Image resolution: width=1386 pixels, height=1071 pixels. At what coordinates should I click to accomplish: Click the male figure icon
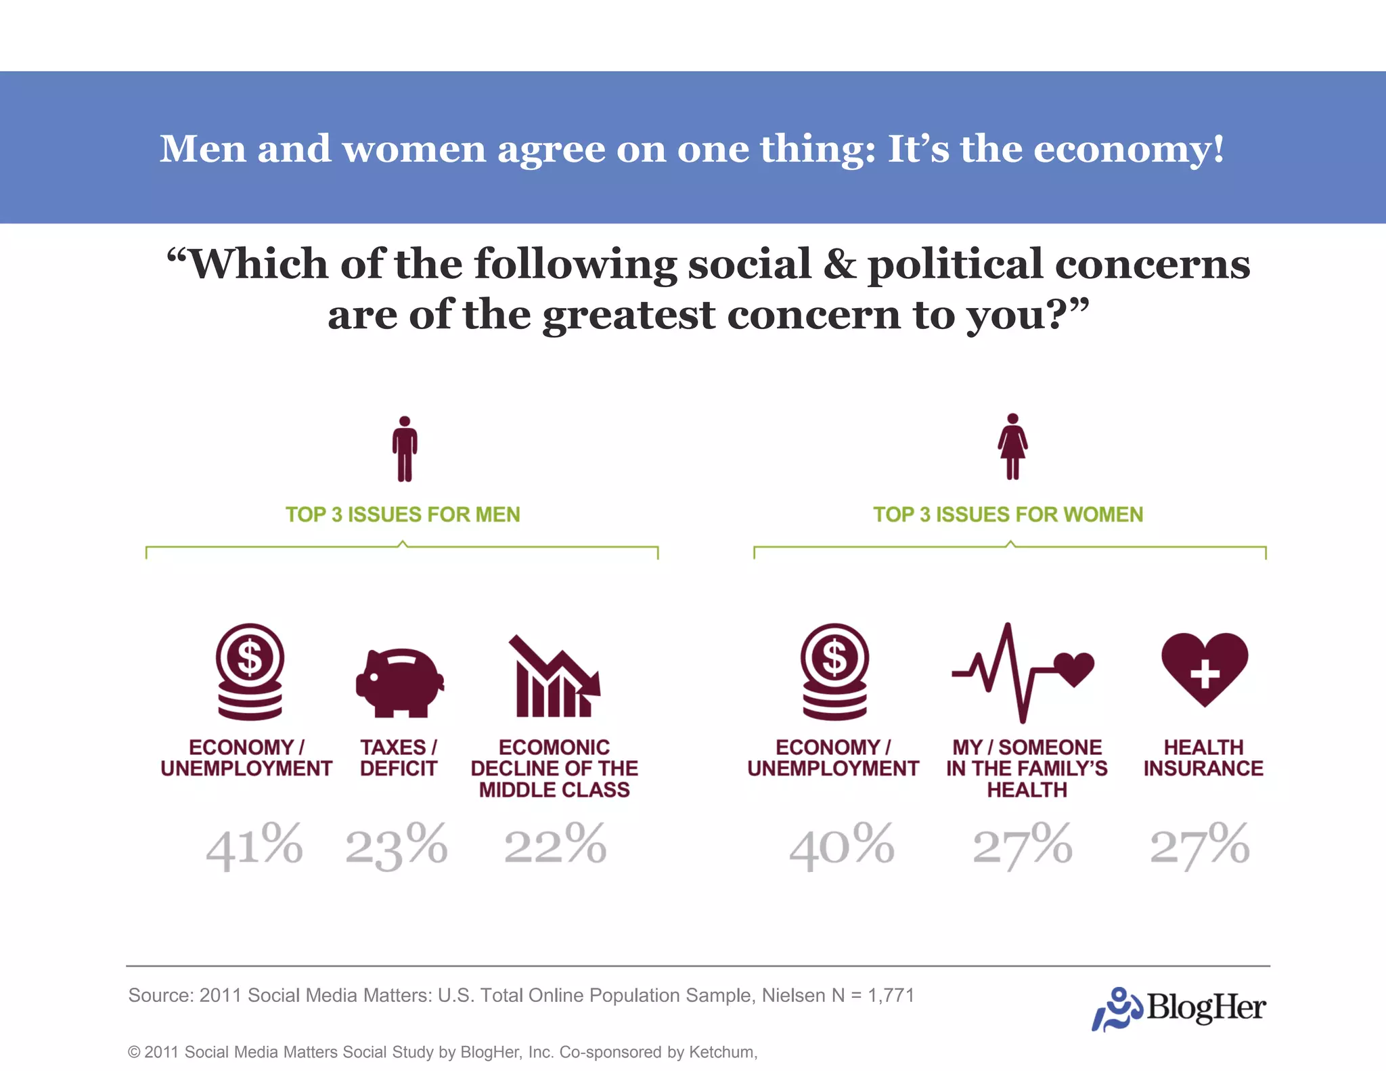pos(405,449)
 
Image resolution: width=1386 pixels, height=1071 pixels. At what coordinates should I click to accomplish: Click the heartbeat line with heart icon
pos(1023,672)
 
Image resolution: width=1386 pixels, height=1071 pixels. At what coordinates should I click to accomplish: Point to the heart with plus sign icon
pos(1205,669)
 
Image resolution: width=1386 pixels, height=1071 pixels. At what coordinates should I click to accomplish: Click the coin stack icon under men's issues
pos(250,672)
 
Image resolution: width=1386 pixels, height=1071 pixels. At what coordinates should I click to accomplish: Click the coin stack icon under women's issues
pos(834,672)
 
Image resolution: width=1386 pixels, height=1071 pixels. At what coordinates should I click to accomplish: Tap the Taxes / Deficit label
pos(399,758)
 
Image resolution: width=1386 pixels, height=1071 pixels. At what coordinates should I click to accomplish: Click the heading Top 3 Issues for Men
pos(403,515)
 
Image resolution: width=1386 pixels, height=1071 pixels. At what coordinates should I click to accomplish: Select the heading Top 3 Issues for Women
pos(1008,515)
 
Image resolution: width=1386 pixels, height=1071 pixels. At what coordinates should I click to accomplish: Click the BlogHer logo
pos(1179,1007)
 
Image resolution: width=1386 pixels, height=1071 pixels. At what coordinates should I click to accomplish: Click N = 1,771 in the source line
pos(873,995)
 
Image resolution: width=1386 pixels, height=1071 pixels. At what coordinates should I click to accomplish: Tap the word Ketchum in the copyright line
pos(721,1052)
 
